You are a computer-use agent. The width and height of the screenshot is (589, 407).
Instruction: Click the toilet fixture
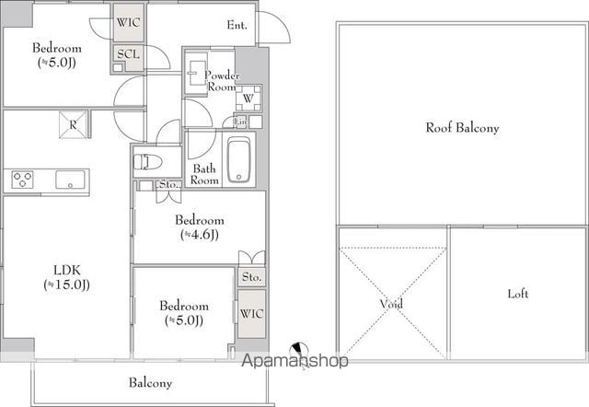click(x=147, y=162)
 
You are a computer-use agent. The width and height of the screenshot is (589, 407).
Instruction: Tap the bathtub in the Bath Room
click(x=239, y=160)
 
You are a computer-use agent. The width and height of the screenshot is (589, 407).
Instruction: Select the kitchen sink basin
click(x=70, y=180)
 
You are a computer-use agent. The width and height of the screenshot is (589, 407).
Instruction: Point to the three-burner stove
click(x=22, y=180)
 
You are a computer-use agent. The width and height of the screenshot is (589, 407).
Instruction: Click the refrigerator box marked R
click(x=73, y=124)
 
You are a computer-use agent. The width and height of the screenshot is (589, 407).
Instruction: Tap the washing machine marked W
click(x=248, y=99)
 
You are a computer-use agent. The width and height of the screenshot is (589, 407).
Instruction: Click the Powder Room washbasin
click(x=196, y=74)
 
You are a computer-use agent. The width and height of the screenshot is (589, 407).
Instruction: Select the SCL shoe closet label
click(x=128, y=54)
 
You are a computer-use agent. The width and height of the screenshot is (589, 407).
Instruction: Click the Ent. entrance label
click(x=237, y=25)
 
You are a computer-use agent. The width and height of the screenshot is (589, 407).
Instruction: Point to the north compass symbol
click(x=299, y=350)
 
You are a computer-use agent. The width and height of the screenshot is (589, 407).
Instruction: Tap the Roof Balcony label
click(x=462, y=128)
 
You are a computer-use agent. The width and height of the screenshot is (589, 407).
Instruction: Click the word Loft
click(x=517, y=294)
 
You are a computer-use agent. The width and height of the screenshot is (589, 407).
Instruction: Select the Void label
click(x=391, y=303)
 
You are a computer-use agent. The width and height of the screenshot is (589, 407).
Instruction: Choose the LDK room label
click(x=67, y=270)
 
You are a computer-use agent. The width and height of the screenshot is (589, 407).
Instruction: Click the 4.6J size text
click(x=200, y=235)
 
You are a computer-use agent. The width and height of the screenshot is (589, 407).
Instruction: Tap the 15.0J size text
click(x=67, y=285)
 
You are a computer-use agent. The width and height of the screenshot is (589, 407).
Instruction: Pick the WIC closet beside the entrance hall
click(x=129, y=22)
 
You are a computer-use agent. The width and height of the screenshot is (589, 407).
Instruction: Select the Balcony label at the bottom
click(x=150, y=382)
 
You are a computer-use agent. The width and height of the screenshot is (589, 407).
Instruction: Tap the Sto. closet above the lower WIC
click(x=251, y=277)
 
